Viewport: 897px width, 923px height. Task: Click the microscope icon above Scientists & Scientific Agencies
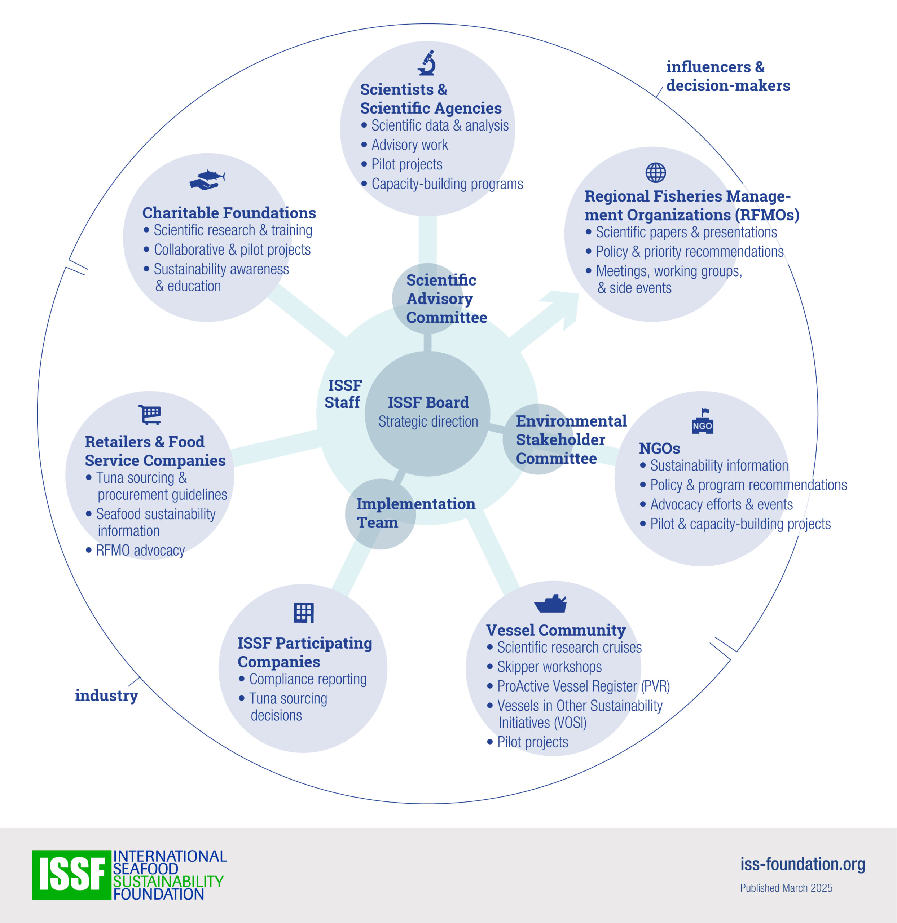pyautogui.click(x=427, y=63)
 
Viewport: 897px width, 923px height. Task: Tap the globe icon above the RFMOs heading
pyautogui.click(x=655, y=172)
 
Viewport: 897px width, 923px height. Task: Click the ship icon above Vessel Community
pyautogui.click(x=550, y=603)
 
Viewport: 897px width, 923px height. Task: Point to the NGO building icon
pyautogui.click(x=702, y=421)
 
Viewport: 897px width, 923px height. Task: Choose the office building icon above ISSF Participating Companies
pyautogui.click(x=303, y=613)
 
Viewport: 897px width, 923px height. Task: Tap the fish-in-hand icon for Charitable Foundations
pyautogui.click(x=207, y=180)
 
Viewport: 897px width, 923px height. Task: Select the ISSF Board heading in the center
pyautogui.click(x=428, y=403)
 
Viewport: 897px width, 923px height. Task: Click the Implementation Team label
pyautogui.click(x=415, y=513)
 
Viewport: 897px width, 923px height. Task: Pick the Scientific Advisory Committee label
pyautogui.click(x=446, y=299)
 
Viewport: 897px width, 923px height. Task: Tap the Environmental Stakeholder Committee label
pyautogui.click(x=571, y=440)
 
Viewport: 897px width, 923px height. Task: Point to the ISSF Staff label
pyautogui.click(x=343, y=394)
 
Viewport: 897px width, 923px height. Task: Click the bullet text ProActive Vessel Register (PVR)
pyautogui.click(x=583, y=686)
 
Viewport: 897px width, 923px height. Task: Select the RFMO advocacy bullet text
pyautogui.click(x=140, y=550)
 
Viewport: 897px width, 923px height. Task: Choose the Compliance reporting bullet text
pyautogui.click(x=308, y=679)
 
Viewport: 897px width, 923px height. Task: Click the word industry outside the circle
pyautogui.click(x=106, y=695)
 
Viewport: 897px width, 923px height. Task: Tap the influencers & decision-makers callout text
pyautogui.click(x=727, y=76)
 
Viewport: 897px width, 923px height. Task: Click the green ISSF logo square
pyautogui.click(x=71, y=875)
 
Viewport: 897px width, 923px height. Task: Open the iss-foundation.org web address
pyautogui.click(x=802, y=864)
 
